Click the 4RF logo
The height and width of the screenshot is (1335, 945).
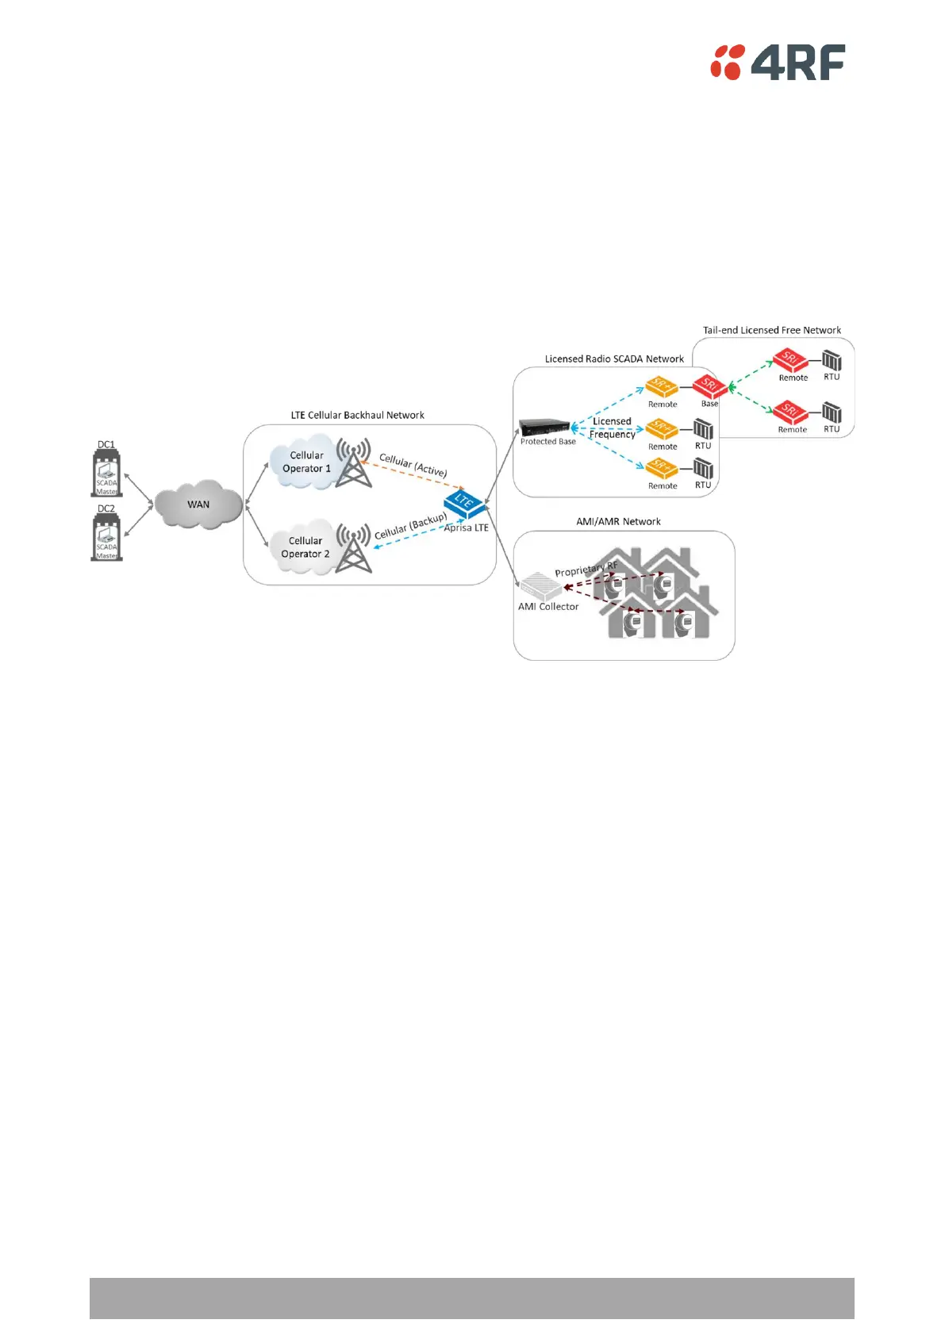coord(777,62)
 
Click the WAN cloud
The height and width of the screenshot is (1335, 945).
coord(198,504)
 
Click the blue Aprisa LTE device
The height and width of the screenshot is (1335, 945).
coord(464,503)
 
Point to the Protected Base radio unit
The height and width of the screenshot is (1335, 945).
coord(544,427)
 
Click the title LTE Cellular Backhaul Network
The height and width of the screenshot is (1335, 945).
coord(357,415)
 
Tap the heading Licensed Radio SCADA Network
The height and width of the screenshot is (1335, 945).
coord(614,359)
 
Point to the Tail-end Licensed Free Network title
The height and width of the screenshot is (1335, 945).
coord(771,330)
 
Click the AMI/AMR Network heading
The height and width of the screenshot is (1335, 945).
coord(618,521)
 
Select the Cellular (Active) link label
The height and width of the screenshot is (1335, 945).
coord(413,465)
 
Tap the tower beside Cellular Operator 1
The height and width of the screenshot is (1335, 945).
coord(353,462)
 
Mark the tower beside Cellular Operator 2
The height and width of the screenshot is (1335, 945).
coord(353,547)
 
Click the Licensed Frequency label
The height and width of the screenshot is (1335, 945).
coord(612,428)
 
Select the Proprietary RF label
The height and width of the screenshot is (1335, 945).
coord(586,570)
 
